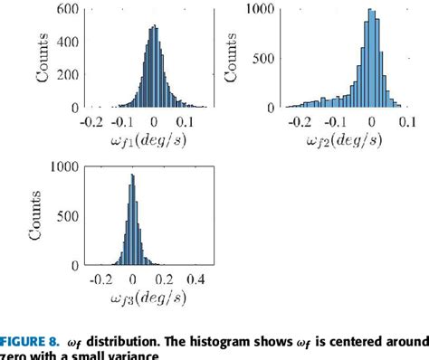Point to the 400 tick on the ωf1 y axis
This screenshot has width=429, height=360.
click(x=67, y=41)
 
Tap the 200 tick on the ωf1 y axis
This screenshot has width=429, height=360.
click(x=67, y=74)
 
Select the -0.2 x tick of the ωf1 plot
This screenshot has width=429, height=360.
click(x=90, y=119)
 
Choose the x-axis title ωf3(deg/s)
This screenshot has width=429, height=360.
click(x=144, y=298)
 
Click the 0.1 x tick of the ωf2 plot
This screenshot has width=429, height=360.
click(x=407, y=119)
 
